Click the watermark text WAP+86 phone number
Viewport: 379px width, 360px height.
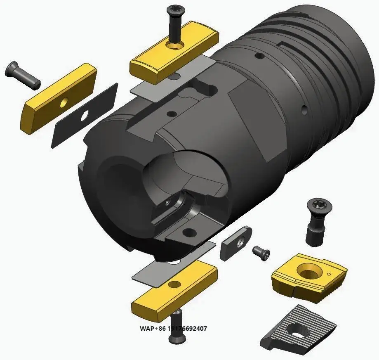pyautogui.click(x=173, y=329)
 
